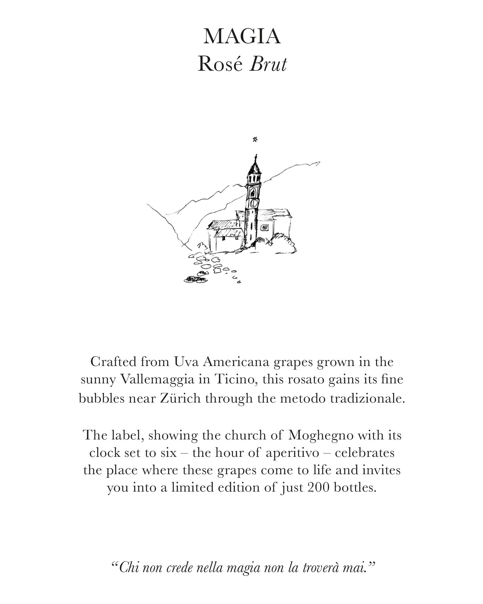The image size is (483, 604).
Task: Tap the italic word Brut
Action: tap(268, 65)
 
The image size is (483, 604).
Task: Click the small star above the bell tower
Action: tap(255, 140)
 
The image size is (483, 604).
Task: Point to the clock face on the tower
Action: tap(253, 202)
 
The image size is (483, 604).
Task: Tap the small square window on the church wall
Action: tap(264, 227)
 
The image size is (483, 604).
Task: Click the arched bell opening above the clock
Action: tap(253, 192)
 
